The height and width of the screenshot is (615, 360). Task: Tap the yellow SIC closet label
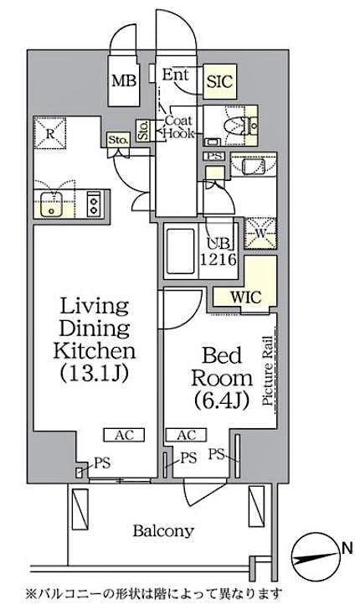tap(221, 82)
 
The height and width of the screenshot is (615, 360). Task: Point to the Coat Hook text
tap(177, 127)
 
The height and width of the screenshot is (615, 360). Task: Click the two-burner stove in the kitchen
tap(95, 204)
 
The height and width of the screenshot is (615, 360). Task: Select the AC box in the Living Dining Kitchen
tap(123, 434)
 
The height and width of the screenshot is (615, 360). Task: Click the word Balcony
tap(164, 530)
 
